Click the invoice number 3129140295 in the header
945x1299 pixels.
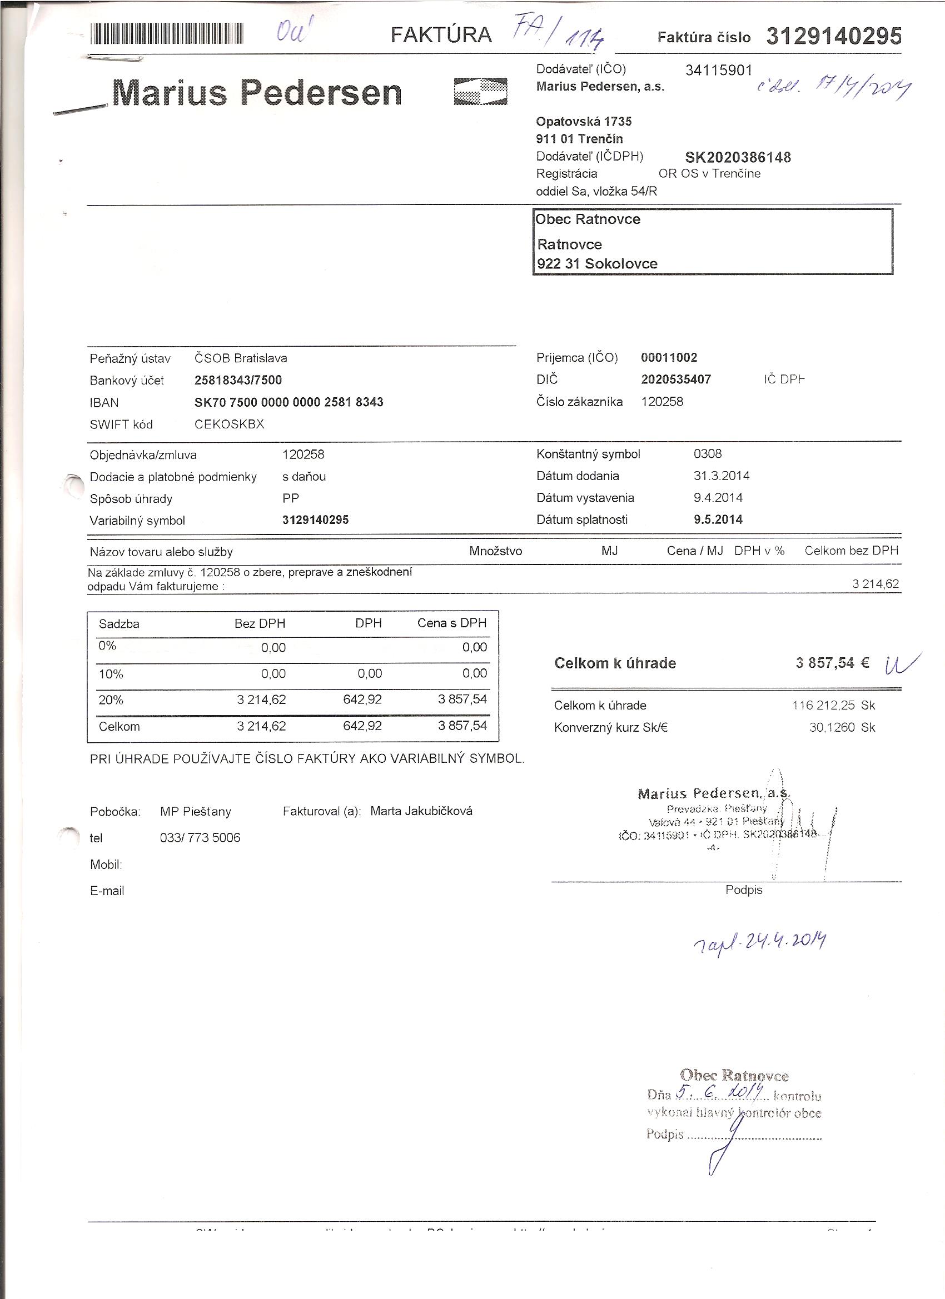pyautogui.click(x=834, y=36)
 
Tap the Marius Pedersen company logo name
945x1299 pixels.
pyautogui.click(x=257, y=93)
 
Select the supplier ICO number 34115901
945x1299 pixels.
pyautogui.click(x=719, y=71)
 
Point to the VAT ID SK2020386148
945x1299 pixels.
pyautogui.click(x=738, y=157)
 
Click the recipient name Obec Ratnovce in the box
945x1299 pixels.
pyautogui.click(x=588, y=219)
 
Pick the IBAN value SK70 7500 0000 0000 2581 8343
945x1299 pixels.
pyautogui.click(x=289, y=403)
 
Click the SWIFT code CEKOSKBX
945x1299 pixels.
pyautogui.click(x=229, y=424)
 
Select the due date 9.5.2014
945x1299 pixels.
pyautogui.click(x=718, y=520)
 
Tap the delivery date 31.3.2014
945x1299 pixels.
pyautogui.click(x=722, y=476)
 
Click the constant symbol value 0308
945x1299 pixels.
pyautogui.click(x=708, y=454)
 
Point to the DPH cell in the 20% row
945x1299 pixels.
pyautogui.click(x=362, y=700)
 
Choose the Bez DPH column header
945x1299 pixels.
pyautogui.click(x=260, y=624)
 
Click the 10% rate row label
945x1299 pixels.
pyautogui.click(x=111, y=674)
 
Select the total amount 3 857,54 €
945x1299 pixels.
pyautogui.click(x=832, y=663)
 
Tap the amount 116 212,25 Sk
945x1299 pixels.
pyautogui.click(x=834, y=706)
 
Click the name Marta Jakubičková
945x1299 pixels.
pyautogui.click(x=421, y=811)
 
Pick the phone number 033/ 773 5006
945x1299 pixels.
pyautogui.click(x=200, y=838)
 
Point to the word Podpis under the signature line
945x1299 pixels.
pyautogui.click(x=743, y=890)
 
